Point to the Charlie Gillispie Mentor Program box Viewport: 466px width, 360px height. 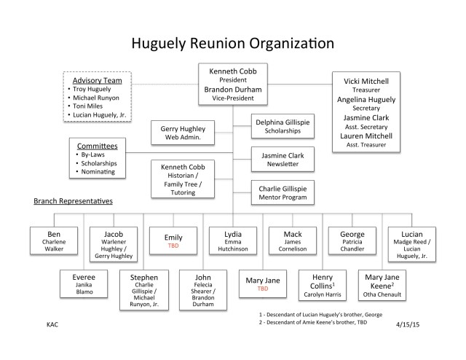pos(283,192)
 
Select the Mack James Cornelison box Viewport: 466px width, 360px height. pos(291,241)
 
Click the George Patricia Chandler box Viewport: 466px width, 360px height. pos(351,241)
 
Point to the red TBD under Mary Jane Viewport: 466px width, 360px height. pos(261,288)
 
